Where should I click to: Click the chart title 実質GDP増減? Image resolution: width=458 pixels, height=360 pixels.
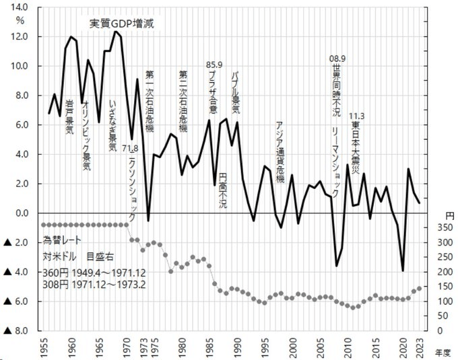[x=123, y=24]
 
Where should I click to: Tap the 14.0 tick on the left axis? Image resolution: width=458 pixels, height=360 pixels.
[x=20, y=7]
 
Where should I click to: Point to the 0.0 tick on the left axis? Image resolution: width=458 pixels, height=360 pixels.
[x=20, y=213]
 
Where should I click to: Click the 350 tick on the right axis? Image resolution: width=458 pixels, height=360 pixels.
[x=437, y=228]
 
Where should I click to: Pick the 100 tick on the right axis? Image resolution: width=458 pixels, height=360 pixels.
[x=437, y=301]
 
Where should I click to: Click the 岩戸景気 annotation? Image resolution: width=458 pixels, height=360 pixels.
[x=69, y=116]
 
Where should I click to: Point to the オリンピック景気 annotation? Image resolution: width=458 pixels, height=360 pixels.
[x=86, y=134]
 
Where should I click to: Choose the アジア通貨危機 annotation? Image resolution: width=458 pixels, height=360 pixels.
[x=280, y=148]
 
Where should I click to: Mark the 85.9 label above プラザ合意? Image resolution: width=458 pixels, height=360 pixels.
[x=214, y=65]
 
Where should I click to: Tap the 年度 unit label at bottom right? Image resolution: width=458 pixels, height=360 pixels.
[x=443, y=350]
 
